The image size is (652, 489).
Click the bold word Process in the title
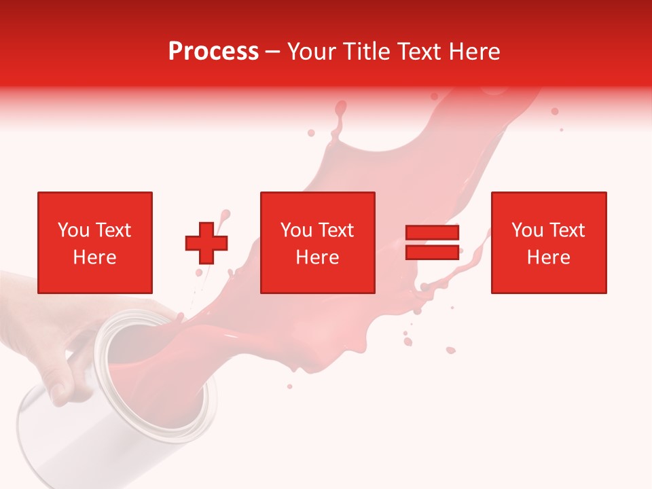213,52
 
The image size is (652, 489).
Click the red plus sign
206,243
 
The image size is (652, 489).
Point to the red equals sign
432,242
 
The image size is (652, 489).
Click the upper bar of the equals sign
432,233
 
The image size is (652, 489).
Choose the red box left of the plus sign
95,242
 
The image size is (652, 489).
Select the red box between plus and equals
317,242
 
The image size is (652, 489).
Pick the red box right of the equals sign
549,242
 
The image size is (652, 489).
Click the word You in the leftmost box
73,230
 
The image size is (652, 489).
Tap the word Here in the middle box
317,257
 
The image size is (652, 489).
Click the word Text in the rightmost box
566,230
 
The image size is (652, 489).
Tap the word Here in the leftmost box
95,257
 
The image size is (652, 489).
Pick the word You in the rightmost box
526,230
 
